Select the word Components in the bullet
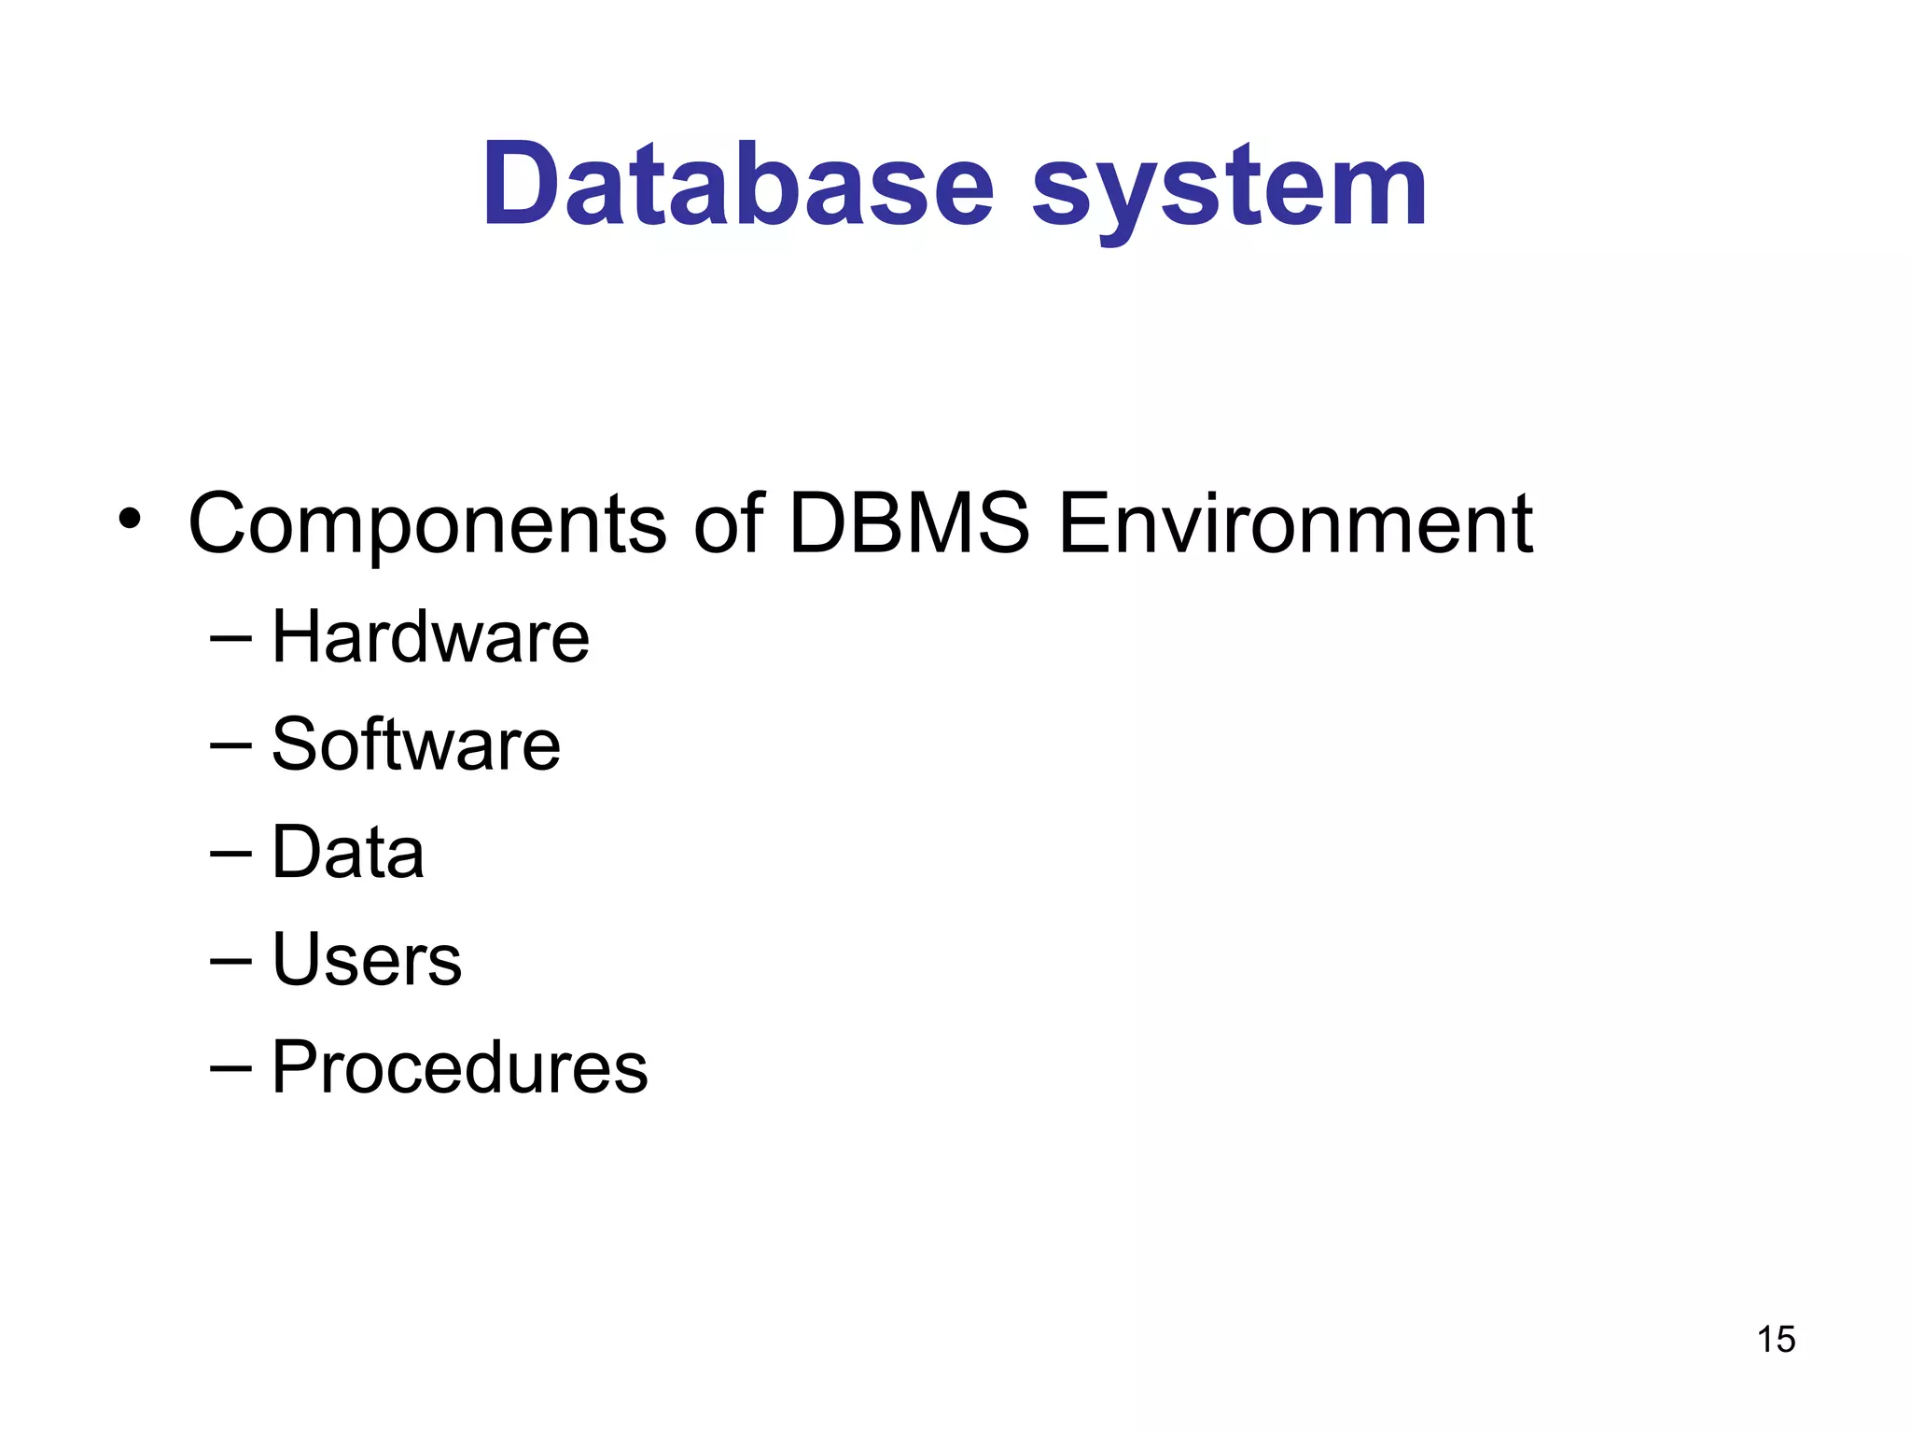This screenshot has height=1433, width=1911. [x=427, y=524]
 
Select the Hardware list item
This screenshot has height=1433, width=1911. [x=430, y=636]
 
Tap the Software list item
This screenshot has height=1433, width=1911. [x=416, y=744]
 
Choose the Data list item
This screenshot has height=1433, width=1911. [x=348, y=852]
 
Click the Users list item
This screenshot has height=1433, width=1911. [x=367, y=959]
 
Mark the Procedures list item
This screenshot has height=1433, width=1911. [x=459, y=1066]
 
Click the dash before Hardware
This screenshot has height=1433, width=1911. [x=230, y=639]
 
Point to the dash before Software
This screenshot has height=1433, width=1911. [x=230, y=746]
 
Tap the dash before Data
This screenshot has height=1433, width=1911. [x=230, y=854]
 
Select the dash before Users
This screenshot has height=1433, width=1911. [x=230, y=961]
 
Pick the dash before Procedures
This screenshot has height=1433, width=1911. [x=230, y=1069]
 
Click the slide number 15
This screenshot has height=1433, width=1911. [x=1776, y=1340]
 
